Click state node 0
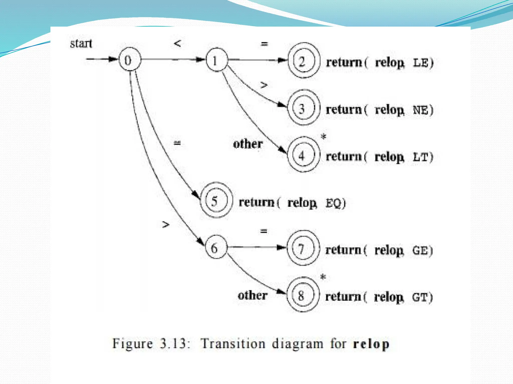pyautogui.click(x=130, y=59)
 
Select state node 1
pyautogui.click(x=217, y=60)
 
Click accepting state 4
pyautogui.click(x=303, y=155)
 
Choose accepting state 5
pyautogui.click(x=216, y=200)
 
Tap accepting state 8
pyautogui.click(x=303, y=295)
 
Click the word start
pyautogui.click(x=81, y=44)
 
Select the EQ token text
pyautogui.click(x=333, y=203)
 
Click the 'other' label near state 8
pyautogui.click(x=252, y=295)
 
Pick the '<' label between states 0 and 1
pyautogui.click(x=177, y=43)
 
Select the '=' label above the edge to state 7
pyautogui.click(x=264, y=231)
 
